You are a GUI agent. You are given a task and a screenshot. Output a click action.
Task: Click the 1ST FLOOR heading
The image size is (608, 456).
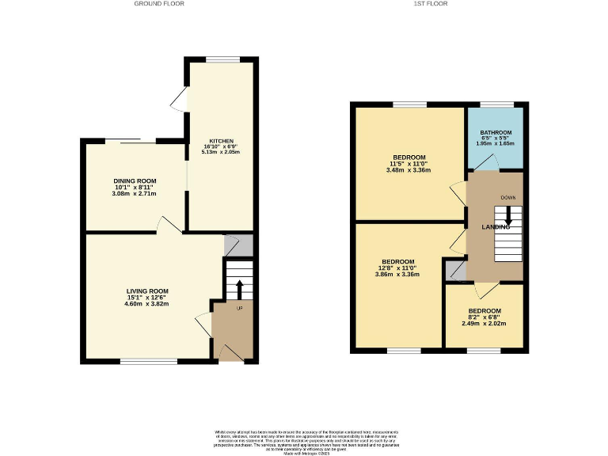pos(431,4)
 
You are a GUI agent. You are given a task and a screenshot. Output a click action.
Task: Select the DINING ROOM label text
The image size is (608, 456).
pos(134,180)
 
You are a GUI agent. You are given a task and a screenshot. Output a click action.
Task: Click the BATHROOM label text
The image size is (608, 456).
pos(494,132)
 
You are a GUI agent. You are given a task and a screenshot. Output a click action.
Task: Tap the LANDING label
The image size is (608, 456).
pos(496,227)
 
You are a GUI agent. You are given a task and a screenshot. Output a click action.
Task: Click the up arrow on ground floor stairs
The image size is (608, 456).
pos(240,287)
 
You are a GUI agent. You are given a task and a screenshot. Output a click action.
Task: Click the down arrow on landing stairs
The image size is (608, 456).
pos(508,215)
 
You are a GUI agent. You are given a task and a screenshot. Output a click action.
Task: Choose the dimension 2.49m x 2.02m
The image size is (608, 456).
pos(484,323)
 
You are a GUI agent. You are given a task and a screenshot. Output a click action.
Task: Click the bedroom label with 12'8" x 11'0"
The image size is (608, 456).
pos(397,262)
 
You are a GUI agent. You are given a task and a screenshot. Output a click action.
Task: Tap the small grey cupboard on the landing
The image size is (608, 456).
pos(455,272)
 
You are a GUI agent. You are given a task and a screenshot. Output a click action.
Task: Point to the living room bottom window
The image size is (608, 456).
pos(148,362)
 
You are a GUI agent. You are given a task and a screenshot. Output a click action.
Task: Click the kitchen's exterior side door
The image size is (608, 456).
pos(180,100)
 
